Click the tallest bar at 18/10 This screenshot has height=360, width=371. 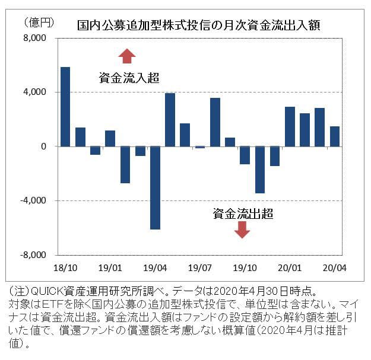click(x=65, y=107)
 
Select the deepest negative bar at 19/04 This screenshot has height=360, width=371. click(x=155, y=187)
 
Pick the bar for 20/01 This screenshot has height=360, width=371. click(x=290, y=127)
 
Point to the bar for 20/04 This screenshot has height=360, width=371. click(x=334, y=136)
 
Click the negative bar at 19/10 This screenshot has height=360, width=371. click(x=245, y=155)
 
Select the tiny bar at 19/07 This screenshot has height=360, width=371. click(x=200, y=146)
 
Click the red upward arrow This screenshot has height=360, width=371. click(x=126, y=56)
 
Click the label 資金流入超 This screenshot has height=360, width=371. click(x=129, y=77)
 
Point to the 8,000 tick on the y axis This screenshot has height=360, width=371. click(x=37, y=38)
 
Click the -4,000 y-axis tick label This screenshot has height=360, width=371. click(x=36, y=200)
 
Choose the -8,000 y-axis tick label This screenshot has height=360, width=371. click(x=36, y=255)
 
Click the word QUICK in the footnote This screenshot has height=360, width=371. click(x=40, y=291)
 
